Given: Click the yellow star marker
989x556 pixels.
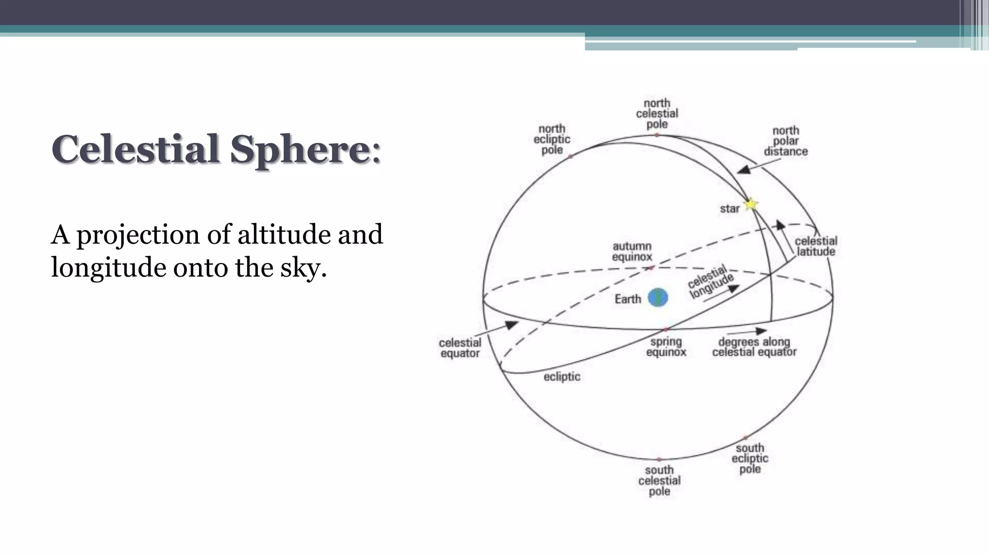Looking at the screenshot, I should (750, 205).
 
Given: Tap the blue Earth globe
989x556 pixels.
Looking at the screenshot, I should (658, 298).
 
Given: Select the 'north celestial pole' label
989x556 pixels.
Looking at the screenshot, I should (657, 113).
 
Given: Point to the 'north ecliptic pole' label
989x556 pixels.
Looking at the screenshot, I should (551, 139).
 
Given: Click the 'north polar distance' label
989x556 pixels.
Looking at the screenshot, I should (786, 141).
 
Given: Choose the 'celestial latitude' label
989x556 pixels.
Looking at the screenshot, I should (816, 246).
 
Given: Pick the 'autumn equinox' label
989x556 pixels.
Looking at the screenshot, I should (632, 251).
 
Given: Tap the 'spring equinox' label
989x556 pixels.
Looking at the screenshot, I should (666, 347).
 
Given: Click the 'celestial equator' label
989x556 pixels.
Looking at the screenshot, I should (460, 347).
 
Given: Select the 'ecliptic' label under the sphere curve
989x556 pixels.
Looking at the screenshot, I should (562, 376).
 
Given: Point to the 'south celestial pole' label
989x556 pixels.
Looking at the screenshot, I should (659, 480).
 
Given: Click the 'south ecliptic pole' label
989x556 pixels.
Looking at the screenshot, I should (749, 459).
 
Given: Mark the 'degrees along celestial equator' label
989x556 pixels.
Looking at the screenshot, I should (754, 347).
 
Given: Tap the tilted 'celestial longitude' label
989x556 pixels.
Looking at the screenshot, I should (710, 282).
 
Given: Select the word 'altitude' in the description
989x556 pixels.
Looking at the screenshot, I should (284, 234).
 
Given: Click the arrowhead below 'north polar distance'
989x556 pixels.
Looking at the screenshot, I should (744, 169).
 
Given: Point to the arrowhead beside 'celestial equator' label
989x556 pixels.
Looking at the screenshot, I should (511, 325).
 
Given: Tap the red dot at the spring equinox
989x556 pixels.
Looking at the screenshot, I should (665, 329).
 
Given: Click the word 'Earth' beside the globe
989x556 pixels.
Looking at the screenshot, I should (628, 299).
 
